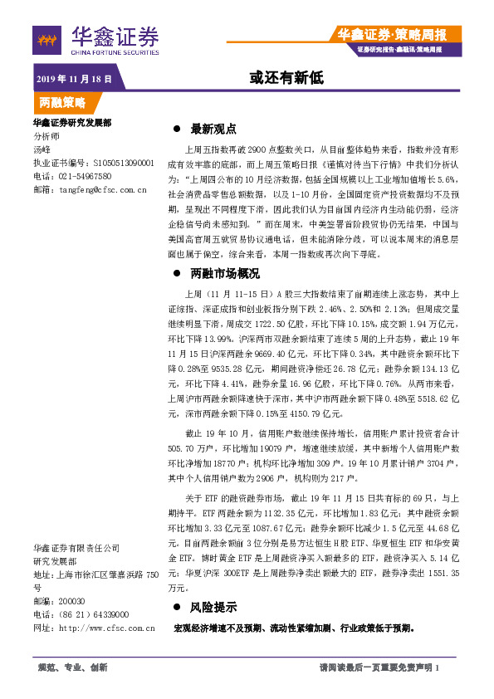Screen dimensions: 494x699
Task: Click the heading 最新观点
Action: [x=213, y=130]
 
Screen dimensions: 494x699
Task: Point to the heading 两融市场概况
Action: [x=225, y=273]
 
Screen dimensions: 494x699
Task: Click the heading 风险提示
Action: [x=213, y=607]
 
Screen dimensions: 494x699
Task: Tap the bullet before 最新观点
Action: [x=176, y=130]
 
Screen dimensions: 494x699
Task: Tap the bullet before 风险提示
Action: [x=176, y=607]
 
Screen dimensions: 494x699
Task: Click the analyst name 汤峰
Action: [x=42, y=149]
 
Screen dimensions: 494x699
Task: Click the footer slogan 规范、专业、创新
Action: [x=73, y=667]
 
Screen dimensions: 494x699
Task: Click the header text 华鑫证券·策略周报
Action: [x=392, y=34]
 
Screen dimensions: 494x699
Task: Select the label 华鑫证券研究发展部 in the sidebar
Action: [x=71, y=123]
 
